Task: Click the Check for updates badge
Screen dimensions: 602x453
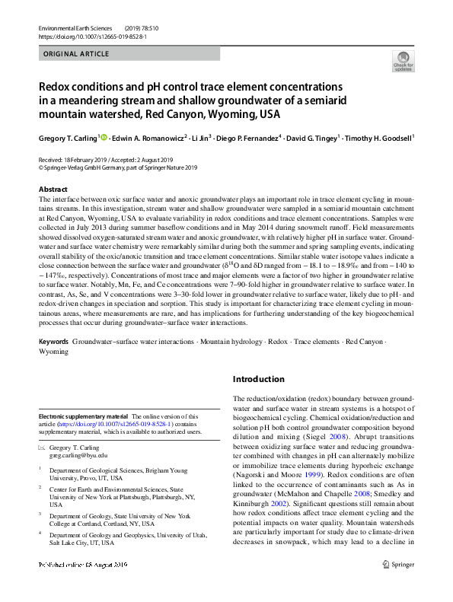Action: pos(404,60)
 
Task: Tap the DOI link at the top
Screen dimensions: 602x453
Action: pos(91,37)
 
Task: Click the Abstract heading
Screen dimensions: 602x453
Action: pos(53,189)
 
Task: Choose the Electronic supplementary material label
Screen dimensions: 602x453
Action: pos(84,416)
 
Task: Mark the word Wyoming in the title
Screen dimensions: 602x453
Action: pos(236,114)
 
